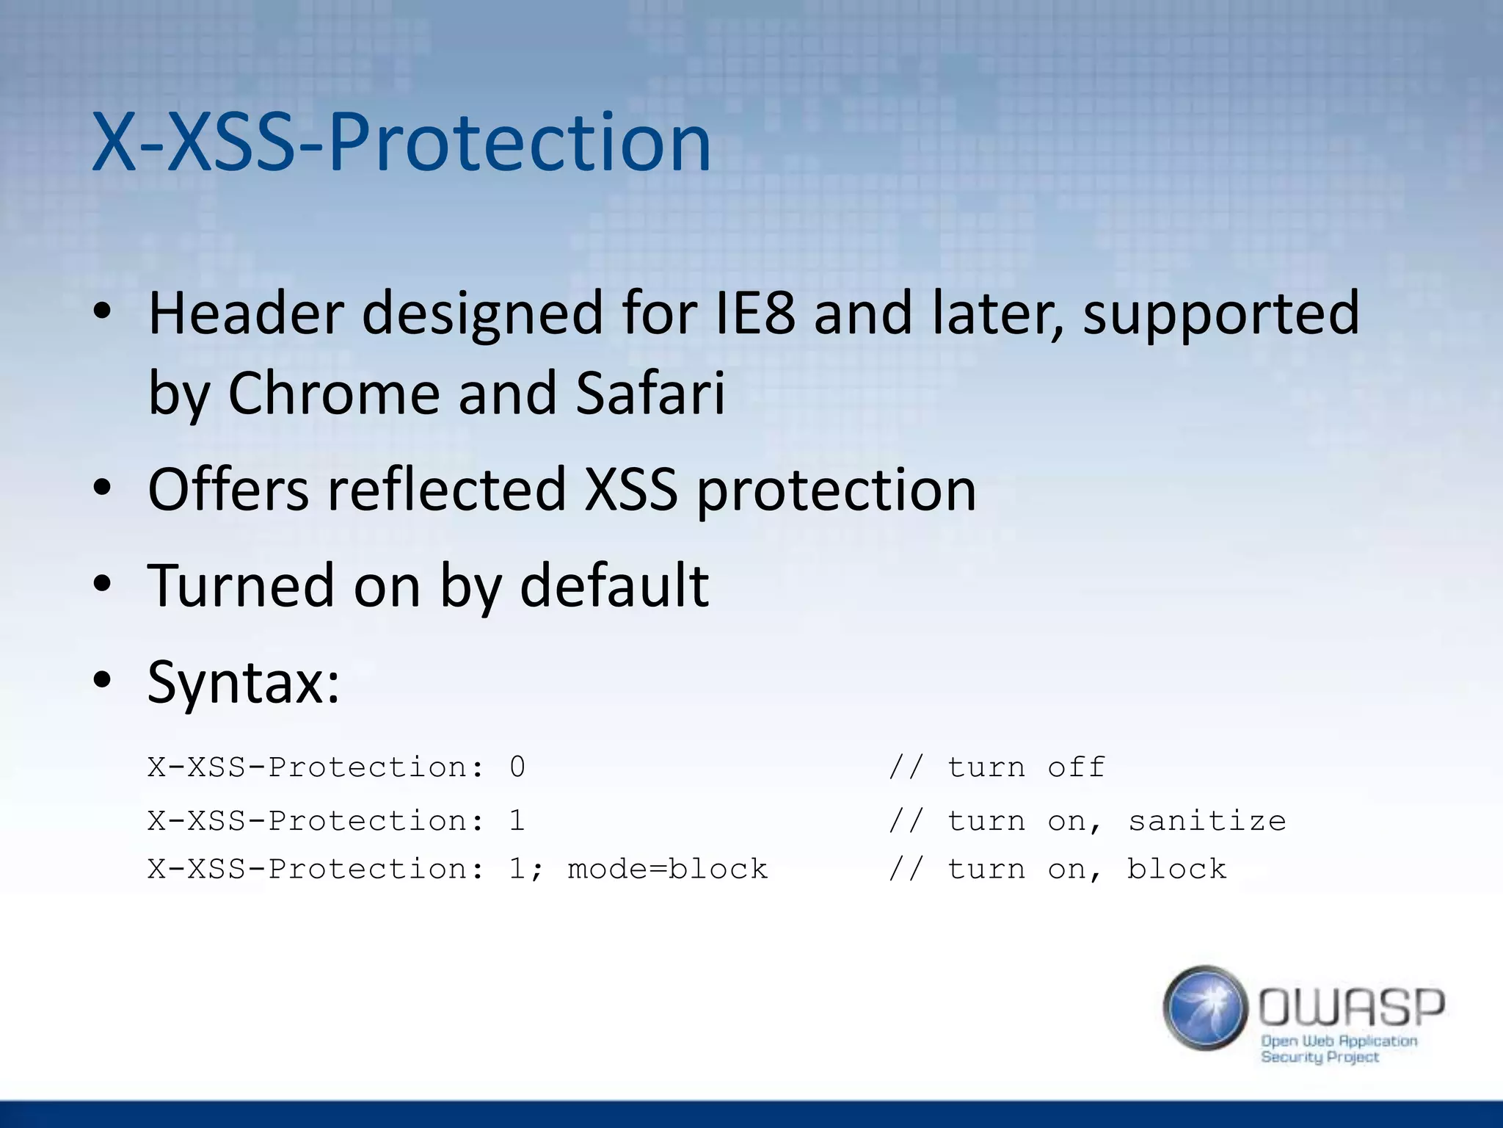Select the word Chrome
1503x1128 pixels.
(x=333, y=393)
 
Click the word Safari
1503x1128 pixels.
(x=649, y=393)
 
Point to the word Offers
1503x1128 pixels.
(x=228, y=489)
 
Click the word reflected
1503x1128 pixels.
(x=446, y=489)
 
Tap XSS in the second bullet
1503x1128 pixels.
(x=630, y=489)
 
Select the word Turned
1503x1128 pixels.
(x=241, y=586)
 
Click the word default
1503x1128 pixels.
(x=614, y=586)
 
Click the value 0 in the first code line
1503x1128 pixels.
(x=517, y=767)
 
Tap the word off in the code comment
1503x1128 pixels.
(x=1076, y=767)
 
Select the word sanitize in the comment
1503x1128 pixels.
(x=1207, y=821)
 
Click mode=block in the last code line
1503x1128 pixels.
(x=667, y=869)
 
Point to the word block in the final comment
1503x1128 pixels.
(x=1176, y=869)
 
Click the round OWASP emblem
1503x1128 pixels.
(x=1206, y=1008)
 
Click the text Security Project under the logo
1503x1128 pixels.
(x=1320, y=1057)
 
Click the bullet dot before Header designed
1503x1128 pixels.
(x=102, y=314)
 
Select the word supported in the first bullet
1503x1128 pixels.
(x=1221, y=314)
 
